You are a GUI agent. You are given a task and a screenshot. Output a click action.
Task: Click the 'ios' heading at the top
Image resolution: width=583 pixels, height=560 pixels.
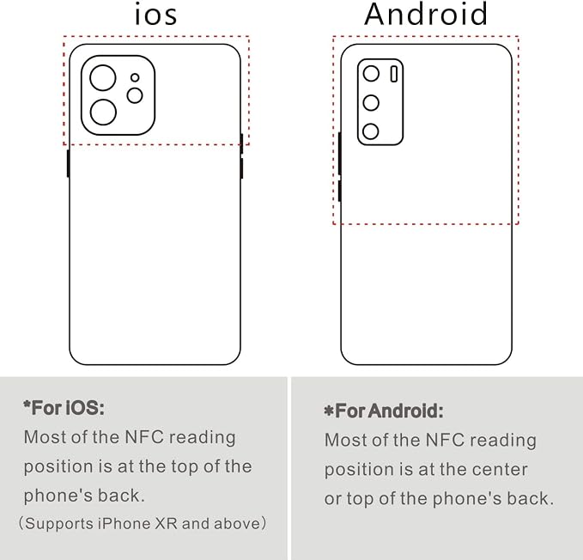[x=155, y=15]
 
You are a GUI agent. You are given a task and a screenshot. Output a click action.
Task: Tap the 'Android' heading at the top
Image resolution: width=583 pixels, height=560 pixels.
[x=426, y=14]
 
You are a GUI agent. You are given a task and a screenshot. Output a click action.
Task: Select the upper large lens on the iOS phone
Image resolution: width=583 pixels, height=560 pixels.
[x=103, y=77]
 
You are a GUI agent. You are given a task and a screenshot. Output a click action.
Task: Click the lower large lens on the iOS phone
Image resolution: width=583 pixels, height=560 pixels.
[x=103, y=112]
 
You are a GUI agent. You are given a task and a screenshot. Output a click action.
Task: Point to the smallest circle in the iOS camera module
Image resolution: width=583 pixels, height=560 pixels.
[x=135, y=77]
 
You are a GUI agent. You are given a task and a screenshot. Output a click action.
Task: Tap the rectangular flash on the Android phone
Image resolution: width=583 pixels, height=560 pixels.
[x=394, y=74]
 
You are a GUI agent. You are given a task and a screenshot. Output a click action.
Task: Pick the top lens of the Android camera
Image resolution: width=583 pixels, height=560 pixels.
[x=371, y=74]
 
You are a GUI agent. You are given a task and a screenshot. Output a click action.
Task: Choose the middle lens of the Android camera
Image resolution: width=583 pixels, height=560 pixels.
[x=371, y=102]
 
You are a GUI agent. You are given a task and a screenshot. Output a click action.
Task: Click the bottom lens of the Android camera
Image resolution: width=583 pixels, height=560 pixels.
[x=371, y=131]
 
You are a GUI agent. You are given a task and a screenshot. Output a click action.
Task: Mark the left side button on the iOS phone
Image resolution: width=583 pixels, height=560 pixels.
[x=68, y=163]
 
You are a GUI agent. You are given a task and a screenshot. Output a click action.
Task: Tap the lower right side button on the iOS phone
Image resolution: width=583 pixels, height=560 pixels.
[x=241, y=168]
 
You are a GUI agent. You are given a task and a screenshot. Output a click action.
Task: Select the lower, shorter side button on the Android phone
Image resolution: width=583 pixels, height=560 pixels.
[x=339, y=191]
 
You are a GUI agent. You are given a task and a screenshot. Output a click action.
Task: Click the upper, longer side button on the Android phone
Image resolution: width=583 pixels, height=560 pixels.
[x=339, y=153]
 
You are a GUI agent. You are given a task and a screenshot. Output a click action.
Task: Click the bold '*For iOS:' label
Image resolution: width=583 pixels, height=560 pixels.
[x=64, y=408]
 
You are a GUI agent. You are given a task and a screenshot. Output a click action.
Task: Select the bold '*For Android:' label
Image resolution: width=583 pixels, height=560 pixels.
[x=384, y=411]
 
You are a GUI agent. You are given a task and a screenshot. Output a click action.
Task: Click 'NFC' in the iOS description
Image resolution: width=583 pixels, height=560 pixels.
[x=144, y=437]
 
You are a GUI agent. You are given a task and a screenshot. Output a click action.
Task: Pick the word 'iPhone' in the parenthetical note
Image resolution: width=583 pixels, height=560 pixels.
[x=124, y=524]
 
